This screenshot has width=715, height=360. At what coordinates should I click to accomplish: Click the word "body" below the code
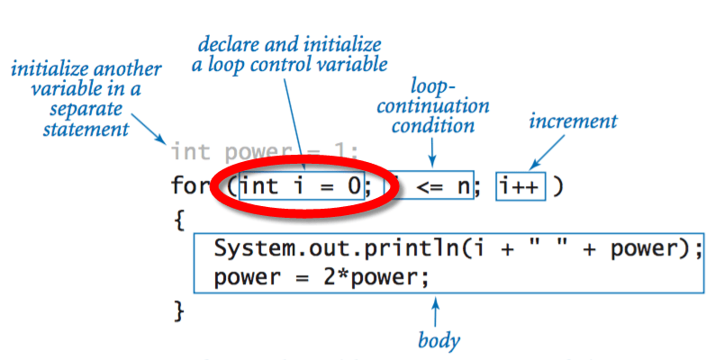439,340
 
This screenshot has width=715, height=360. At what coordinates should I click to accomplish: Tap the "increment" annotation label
574,120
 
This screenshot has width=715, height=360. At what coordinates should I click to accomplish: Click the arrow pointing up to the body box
437,310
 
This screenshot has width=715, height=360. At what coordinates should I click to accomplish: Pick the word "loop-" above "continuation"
431,85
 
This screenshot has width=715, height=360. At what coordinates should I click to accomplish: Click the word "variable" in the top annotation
354,64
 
